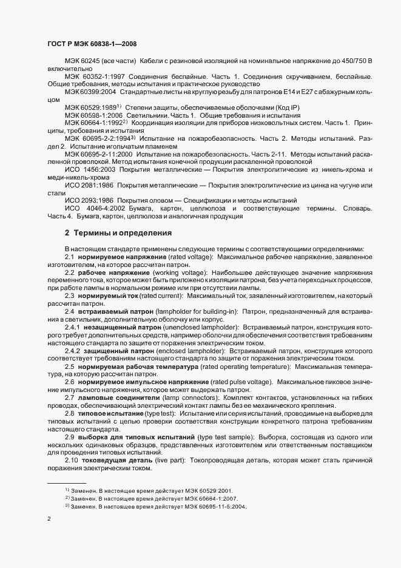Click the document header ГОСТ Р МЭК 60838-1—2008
pyautogui.click(x=91, y=45)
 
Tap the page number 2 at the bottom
pyautogui.click(x=49, y=519)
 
